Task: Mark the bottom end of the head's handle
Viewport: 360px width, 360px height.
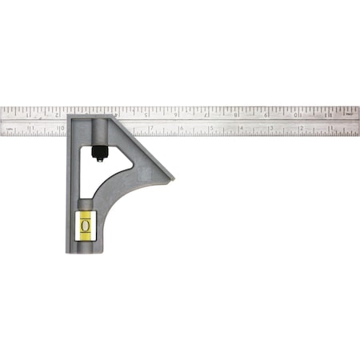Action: click(x=84, y=251)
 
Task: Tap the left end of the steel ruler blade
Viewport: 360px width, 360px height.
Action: click(x=2, y=119)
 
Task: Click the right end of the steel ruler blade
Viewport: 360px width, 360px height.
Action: click(x=358, y=119)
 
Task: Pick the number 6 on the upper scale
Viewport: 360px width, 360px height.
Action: click(x=177, y=113)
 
